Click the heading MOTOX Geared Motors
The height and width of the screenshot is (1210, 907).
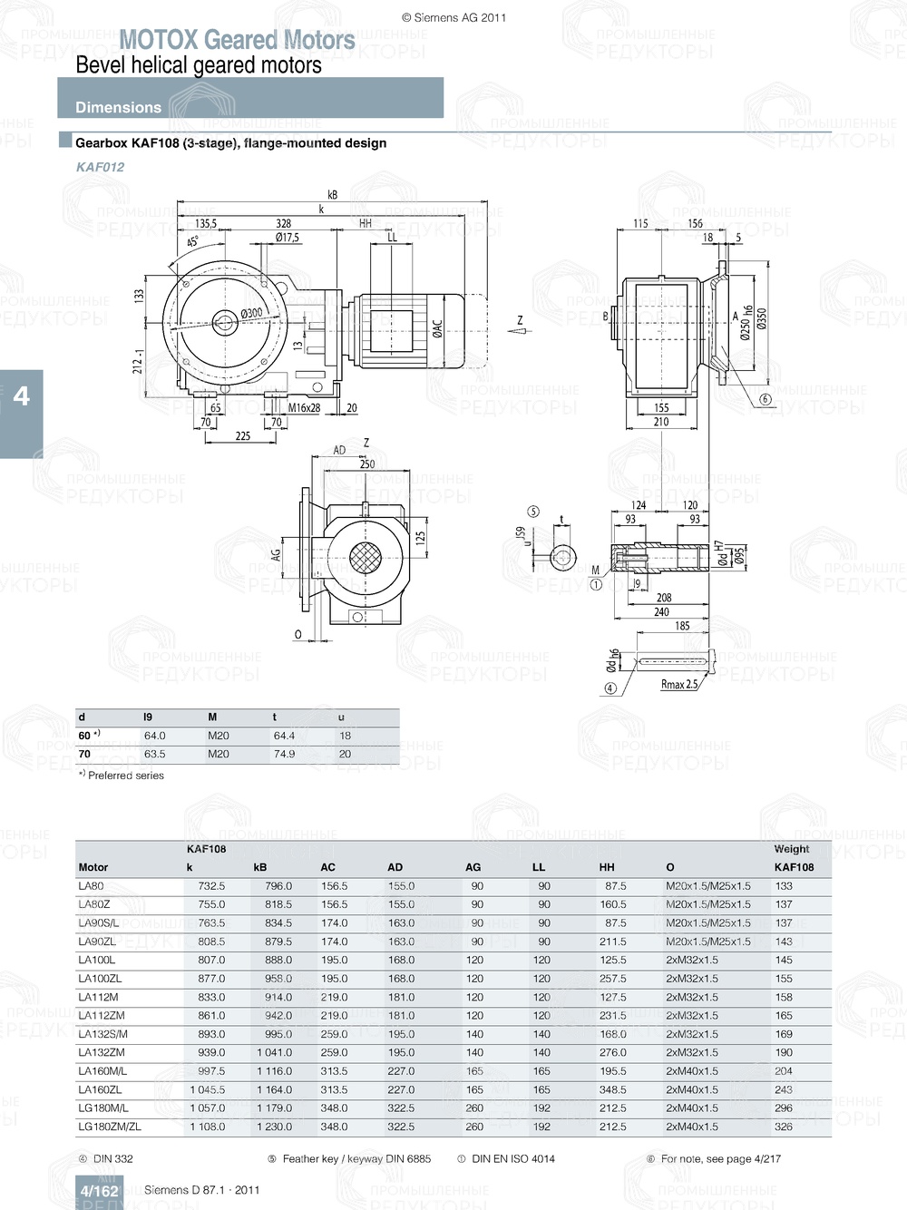(237, 40)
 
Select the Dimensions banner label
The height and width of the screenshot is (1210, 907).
(118, 107)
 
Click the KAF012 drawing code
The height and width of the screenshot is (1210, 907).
(100, 167)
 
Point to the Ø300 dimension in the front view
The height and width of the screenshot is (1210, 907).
(251, 314)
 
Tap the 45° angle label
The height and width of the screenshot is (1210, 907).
(193, 242)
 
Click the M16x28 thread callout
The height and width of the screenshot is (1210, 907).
(304, 408)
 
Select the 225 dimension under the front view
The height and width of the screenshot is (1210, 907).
(242, 436)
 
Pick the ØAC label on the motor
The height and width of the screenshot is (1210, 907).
(437, 328)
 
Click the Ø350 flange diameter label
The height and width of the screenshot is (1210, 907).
(762, 318)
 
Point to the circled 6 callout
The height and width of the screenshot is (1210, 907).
(765, 399)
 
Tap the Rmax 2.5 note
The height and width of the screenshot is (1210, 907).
(678, 685)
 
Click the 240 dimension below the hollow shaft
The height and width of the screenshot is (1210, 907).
(661, 612)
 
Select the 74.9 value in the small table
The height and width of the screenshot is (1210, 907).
(284, 754)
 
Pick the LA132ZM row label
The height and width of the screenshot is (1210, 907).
(102, 1052)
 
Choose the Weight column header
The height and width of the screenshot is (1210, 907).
(791, 849)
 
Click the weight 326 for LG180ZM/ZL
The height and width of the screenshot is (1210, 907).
(784, 1127)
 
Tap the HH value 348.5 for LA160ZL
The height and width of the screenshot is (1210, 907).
(612, 1089)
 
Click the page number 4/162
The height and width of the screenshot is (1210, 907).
(99, 1191)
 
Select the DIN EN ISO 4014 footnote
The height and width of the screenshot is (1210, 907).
(513, 1158)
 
